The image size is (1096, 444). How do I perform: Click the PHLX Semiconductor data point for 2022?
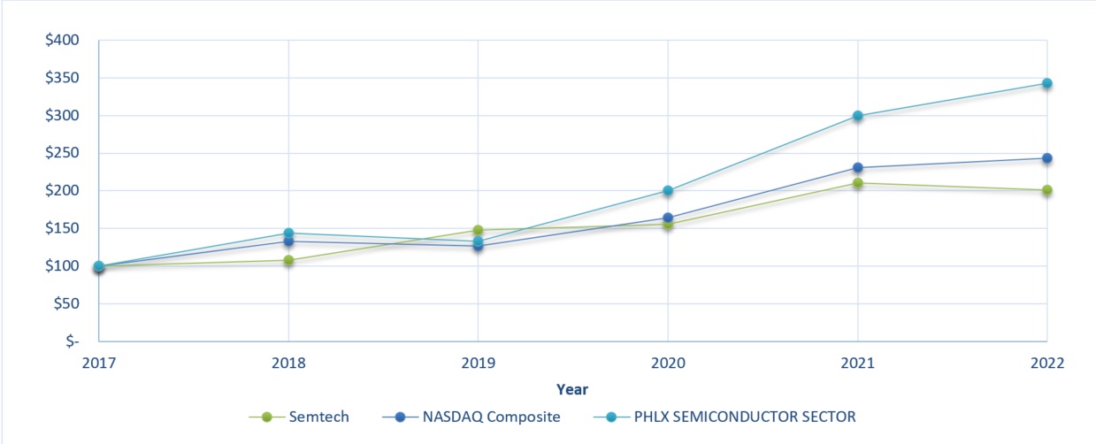tap(1046, 83)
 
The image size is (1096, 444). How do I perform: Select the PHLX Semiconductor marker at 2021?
tap(857, 116)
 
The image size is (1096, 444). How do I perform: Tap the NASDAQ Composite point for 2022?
tap(1046, 158)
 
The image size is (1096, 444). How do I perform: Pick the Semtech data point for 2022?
tap(1046, 190)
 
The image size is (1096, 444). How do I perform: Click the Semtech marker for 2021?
tap(857, 183)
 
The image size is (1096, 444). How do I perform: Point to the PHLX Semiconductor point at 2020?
tap(668, 191)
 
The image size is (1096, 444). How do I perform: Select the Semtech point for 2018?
tap(288, 260)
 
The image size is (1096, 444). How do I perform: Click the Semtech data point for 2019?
tap(478, 230)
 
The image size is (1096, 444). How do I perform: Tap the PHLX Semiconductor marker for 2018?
tap(288, 233)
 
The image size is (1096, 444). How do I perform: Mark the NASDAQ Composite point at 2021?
tap(857, 168)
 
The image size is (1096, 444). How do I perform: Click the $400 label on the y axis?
tap(62, 41)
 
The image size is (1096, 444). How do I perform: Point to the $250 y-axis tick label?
tap(62, 153)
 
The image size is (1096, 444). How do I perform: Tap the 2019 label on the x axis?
tap(478, 363)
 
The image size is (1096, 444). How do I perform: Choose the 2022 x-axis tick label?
tap(1046, 363)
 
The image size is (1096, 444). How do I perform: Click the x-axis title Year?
tap(572, 389)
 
